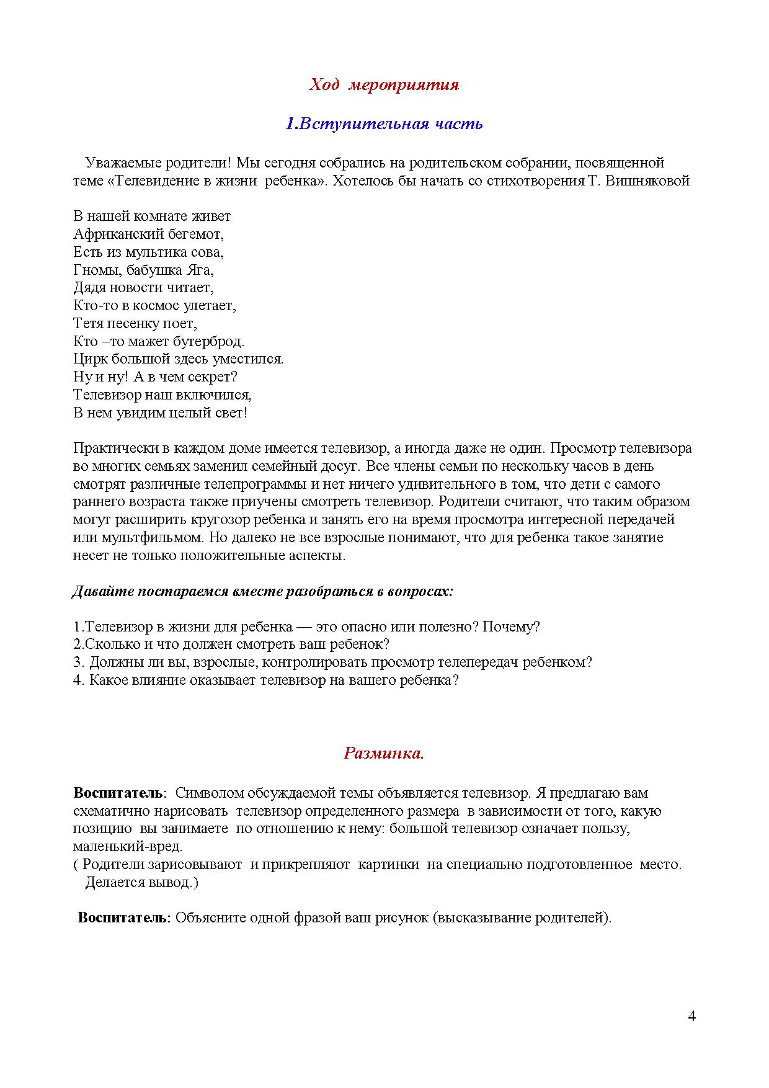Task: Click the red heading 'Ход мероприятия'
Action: (x=384, y=85)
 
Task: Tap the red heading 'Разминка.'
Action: (x=384, y=754)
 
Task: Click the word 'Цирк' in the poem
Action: (x=86, y=359)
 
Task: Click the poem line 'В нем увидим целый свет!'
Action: (x=160, y=413)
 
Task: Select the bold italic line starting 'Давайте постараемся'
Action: (x=263, y=592)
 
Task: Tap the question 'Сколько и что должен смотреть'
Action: (x=231, y=644)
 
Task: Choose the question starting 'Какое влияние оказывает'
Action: (x=266, y=680)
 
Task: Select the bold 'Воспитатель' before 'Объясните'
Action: (x=123, y=918)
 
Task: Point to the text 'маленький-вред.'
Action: (x=128, y=847)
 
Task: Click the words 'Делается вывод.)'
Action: (x=141, y=882)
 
